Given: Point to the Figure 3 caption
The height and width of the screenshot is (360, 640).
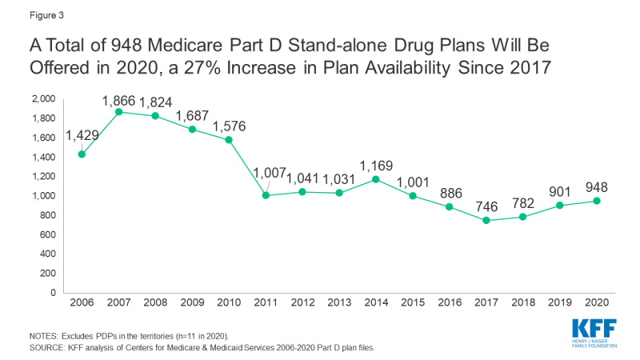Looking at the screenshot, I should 27,14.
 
